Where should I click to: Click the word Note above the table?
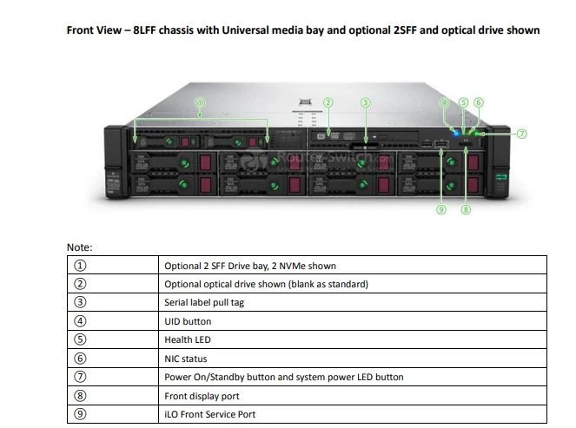(79, 248)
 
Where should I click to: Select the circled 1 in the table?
(81, 266)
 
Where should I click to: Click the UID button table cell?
(188, 321)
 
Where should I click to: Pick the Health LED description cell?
(188, 339)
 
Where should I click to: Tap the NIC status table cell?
(186, 359)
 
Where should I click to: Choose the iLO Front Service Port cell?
(209, 414)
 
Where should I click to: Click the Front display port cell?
(201, 396)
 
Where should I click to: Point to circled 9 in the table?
(81, 414)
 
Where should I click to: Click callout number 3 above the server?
(366, 102)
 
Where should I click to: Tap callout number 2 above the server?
(328, 102)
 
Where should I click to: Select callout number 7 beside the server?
(521, 134)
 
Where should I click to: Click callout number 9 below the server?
(441, 209)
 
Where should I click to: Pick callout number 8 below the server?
(466, 209)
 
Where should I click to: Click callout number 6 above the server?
(479, 102)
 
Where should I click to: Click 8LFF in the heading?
(150, 30)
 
